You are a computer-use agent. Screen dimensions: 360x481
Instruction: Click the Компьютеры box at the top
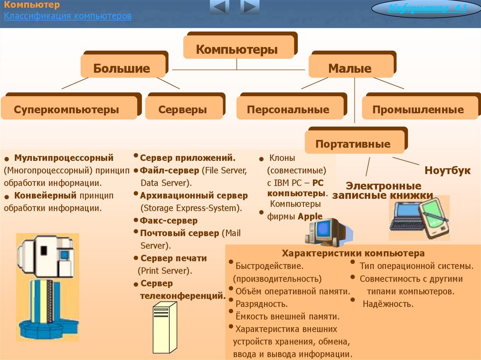click(237, 49)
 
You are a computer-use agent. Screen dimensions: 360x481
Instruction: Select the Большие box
click(122, 69)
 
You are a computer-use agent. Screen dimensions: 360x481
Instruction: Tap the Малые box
click(350, 69)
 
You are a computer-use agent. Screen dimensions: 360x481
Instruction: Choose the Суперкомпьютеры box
click(67, 110)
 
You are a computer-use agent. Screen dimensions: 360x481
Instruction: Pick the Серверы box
click(183, 110)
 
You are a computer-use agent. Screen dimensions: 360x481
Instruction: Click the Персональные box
click(288, 110)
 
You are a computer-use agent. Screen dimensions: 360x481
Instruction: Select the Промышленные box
click(418, 110)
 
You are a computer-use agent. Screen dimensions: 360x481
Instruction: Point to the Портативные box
click(353, 144)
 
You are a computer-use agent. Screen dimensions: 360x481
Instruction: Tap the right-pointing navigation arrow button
click(249, 7)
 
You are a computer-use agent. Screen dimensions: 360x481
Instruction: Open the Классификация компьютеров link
click(68, 16)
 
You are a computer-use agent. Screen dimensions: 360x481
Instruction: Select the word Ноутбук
click(447, 171)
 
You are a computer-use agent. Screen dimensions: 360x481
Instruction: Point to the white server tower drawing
click(165, 328)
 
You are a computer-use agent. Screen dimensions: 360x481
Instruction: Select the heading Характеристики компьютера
click(354, 253)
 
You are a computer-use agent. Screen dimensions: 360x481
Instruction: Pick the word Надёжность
click(388, 304)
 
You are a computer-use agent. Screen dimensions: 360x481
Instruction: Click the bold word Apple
click(310, 216)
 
